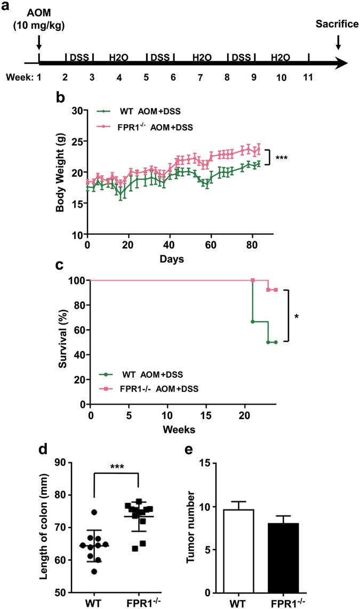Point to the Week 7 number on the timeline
(200, 77)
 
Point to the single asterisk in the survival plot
(297, 317)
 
